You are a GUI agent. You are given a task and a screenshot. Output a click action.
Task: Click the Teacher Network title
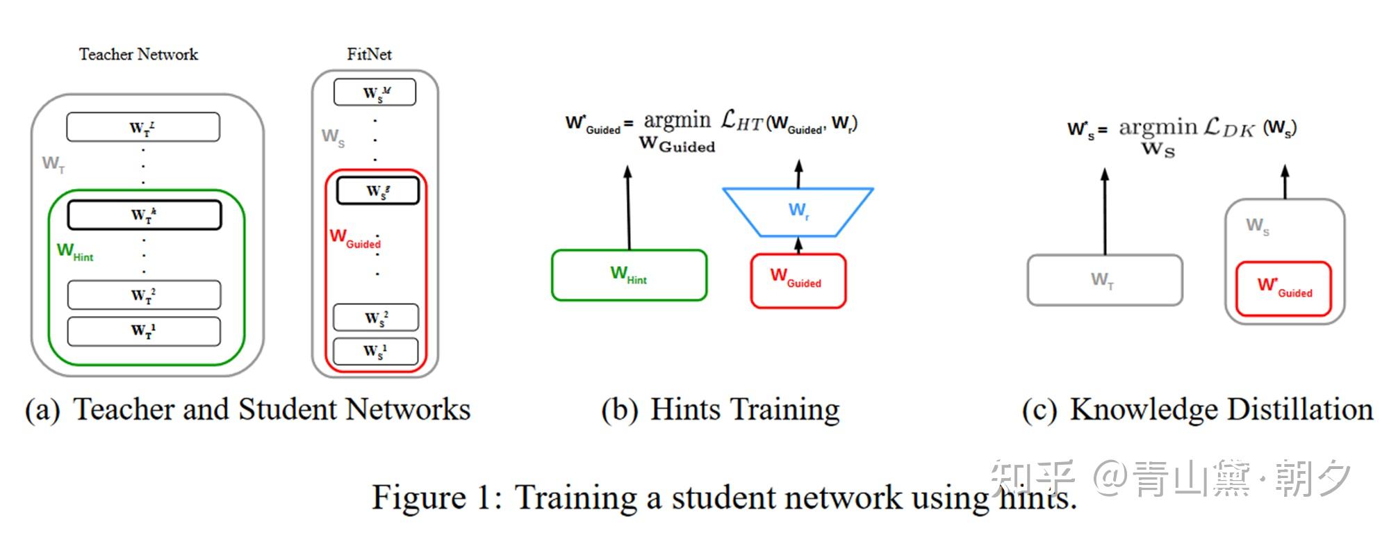click(x=138, y=54)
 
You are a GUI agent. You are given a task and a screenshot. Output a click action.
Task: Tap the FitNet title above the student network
click(x=370, y=54)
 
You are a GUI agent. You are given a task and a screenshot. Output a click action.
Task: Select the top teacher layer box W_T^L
click(x=143, y=127)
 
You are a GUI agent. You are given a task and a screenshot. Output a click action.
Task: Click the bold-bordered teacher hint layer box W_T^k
click(x=144, y=215)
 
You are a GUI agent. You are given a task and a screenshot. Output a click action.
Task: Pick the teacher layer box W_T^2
click(x=144, y=295)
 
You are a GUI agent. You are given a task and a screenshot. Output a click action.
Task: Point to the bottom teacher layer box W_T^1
click(x=144, y=331)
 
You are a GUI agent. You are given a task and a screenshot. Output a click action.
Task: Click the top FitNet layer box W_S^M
click(x=375, y=92)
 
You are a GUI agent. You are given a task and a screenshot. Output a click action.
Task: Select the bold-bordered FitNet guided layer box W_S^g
click(x=378, y=190)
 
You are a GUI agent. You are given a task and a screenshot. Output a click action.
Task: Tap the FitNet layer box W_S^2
click(x=376, y=318)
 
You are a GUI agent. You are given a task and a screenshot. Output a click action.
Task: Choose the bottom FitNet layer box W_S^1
click(x=376, y=352)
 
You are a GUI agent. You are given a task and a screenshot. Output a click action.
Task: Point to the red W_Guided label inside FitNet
click(x=355, y=238)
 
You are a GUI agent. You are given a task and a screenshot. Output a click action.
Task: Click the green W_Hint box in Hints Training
click(x=629, y=275)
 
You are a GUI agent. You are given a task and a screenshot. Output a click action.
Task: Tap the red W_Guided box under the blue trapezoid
click(x=798, y=281)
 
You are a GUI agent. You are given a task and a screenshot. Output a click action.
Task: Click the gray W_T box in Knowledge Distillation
click(x=1105, y=280)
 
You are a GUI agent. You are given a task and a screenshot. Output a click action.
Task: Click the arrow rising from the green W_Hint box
click(x=628, y=208)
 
